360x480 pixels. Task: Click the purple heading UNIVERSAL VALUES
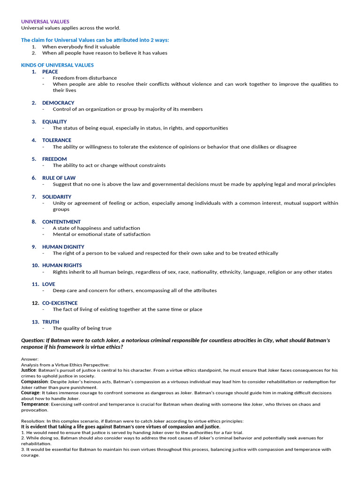coord(45,22)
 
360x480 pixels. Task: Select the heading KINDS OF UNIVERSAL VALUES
coord(57,65)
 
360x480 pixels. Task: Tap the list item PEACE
coord(50,72)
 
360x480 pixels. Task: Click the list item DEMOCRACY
coord(58,103)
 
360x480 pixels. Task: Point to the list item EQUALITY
coord(54,121)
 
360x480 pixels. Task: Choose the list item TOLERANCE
coord(57,140)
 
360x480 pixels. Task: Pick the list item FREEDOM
coord(54,159)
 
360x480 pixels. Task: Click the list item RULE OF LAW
coord(59,178)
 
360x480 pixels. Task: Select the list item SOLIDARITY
coord(57,197)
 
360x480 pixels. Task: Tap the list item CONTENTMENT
coord(61,222)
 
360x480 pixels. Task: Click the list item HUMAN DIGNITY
coord(63,247)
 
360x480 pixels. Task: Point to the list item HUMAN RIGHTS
coord(62,265)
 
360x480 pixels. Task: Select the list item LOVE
coord(49,284)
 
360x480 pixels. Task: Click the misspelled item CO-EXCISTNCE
coord(60,303)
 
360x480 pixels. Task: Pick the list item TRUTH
coord(51,322)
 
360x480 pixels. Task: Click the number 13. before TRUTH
coord(36,322)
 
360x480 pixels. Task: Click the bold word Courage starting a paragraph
coord(30,393)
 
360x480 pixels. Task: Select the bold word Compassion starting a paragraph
coord(34,382)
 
